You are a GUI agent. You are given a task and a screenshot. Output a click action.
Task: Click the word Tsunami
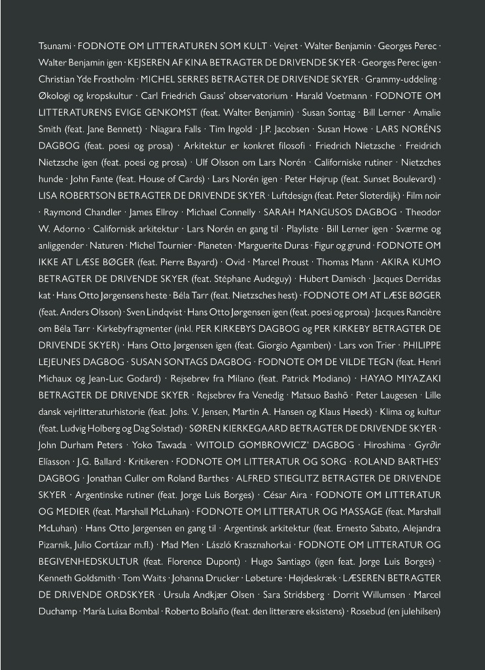coord(55,46)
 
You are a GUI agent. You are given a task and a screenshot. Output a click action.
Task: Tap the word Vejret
coord(286,46)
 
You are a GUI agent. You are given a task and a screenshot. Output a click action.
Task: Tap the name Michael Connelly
coord(221,213)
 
